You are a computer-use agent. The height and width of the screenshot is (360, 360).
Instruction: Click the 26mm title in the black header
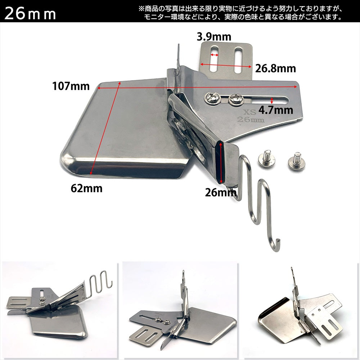(x=30, y=14)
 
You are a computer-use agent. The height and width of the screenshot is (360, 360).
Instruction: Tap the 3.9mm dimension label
(x=214, y=37)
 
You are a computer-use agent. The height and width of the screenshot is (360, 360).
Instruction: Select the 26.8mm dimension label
(x=275, y=68)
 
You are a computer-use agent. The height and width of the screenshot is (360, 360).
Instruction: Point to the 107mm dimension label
(x=71, y=86)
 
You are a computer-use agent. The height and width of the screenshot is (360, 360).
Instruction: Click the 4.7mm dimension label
(x=276, y=110)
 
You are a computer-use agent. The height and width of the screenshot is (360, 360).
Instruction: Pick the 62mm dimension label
(x=86, y=188)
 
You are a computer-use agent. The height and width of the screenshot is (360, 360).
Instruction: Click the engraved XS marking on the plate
(x=249, y=112)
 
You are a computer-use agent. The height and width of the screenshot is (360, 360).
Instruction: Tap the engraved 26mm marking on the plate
(x=251, y=120)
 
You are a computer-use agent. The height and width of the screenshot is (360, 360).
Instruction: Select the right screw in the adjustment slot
(x=236, y=99)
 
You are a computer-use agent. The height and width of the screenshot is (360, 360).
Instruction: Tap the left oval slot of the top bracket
(x=215, y=59)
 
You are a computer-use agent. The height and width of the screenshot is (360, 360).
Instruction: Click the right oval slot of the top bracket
(x=239, y=60)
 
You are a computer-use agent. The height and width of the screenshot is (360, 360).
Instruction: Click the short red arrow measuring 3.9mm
(x=215, y=55)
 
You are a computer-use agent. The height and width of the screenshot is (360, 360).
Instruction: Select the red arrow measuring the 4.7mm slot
(x=272, y=100)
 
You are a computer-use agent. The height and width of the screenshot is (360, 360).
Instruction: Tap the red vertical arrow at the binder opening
(x=221, y=163)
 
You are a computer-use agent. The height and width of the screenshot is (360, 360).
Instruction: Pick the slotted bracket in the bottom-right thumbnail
(x=324, y=321)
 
